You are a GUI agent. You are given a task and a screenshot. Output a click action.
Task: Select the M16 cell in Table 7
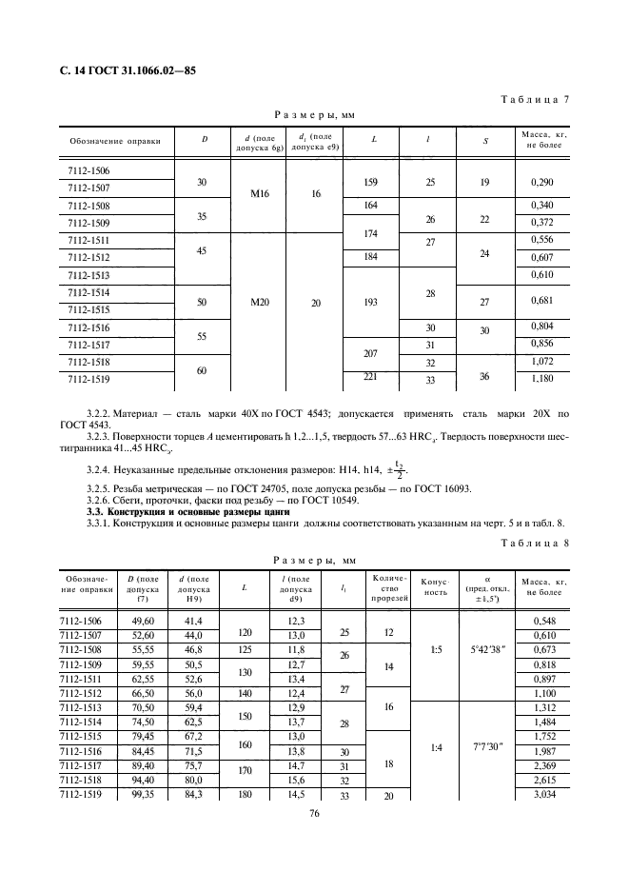coord(260,193)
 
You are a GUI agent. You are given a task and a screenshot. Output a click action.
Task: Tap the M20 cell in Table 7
coord(260,302)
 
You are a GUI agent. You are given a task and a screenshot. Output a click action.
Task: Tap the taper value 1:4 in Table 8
coord(434,747)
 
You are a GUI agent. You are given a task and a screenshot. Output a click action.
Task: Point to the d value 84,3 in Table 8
coord(193,794)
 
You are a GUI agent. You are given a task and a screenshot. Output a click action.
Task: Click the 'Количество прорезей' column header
coord(388,587)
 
